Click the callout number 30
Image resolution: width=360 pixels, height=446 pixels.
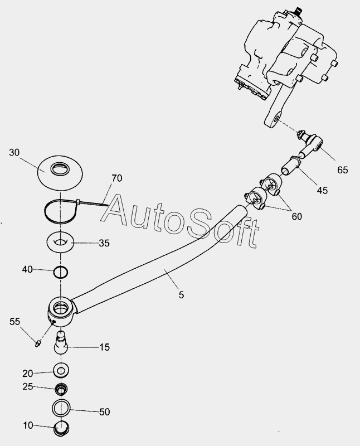pos(14,152)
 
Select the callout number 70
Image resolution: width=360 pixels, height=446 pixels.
pos(117,178)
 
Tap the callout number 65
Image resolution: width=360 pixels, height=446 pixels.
pos(343,170)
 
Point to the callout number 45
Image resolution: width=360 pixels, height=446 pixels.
pos(322,190)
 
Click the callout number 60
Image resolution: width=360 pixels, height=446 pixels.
pos(296,216)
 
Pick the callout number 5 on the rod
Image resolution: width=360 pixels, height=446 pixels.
pos(182,295)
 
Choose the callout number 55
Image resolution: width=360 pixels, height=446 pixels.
pos(15,322)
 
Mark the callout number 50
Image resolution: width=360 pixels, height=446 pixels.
pos(104,411)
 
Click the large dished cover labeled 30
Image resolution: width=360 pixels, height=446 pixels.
pos(60,172)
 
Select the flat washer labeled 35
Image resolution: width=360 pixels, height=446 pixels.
pos(60,243)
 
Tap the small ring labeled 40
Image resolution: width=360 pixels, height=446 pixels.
pos(61,272)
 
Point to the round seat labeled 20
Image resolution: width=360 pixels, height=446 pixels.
pos(61,371)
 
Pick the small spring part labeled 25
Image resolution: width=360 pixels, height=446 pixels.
pos(61,389)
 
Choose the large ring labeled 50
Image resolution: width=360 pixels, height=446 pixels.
pos(61,409)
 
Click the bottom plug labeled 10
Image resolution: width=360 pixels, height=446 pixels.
pos(61,428)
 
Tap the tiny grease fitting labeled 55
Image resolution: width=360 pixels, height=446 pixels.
pos(38,343)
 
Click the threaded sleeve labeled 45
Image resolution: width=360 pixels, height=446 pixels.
pos(290,166)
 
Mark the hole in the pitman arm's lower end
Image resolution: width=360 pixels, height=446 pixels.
pos(276,118)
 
